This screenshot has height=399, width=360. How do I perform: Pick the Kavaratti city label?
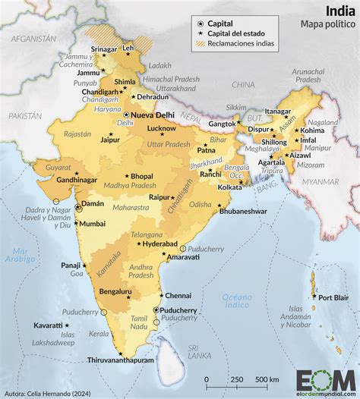(x=48, y=325)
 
